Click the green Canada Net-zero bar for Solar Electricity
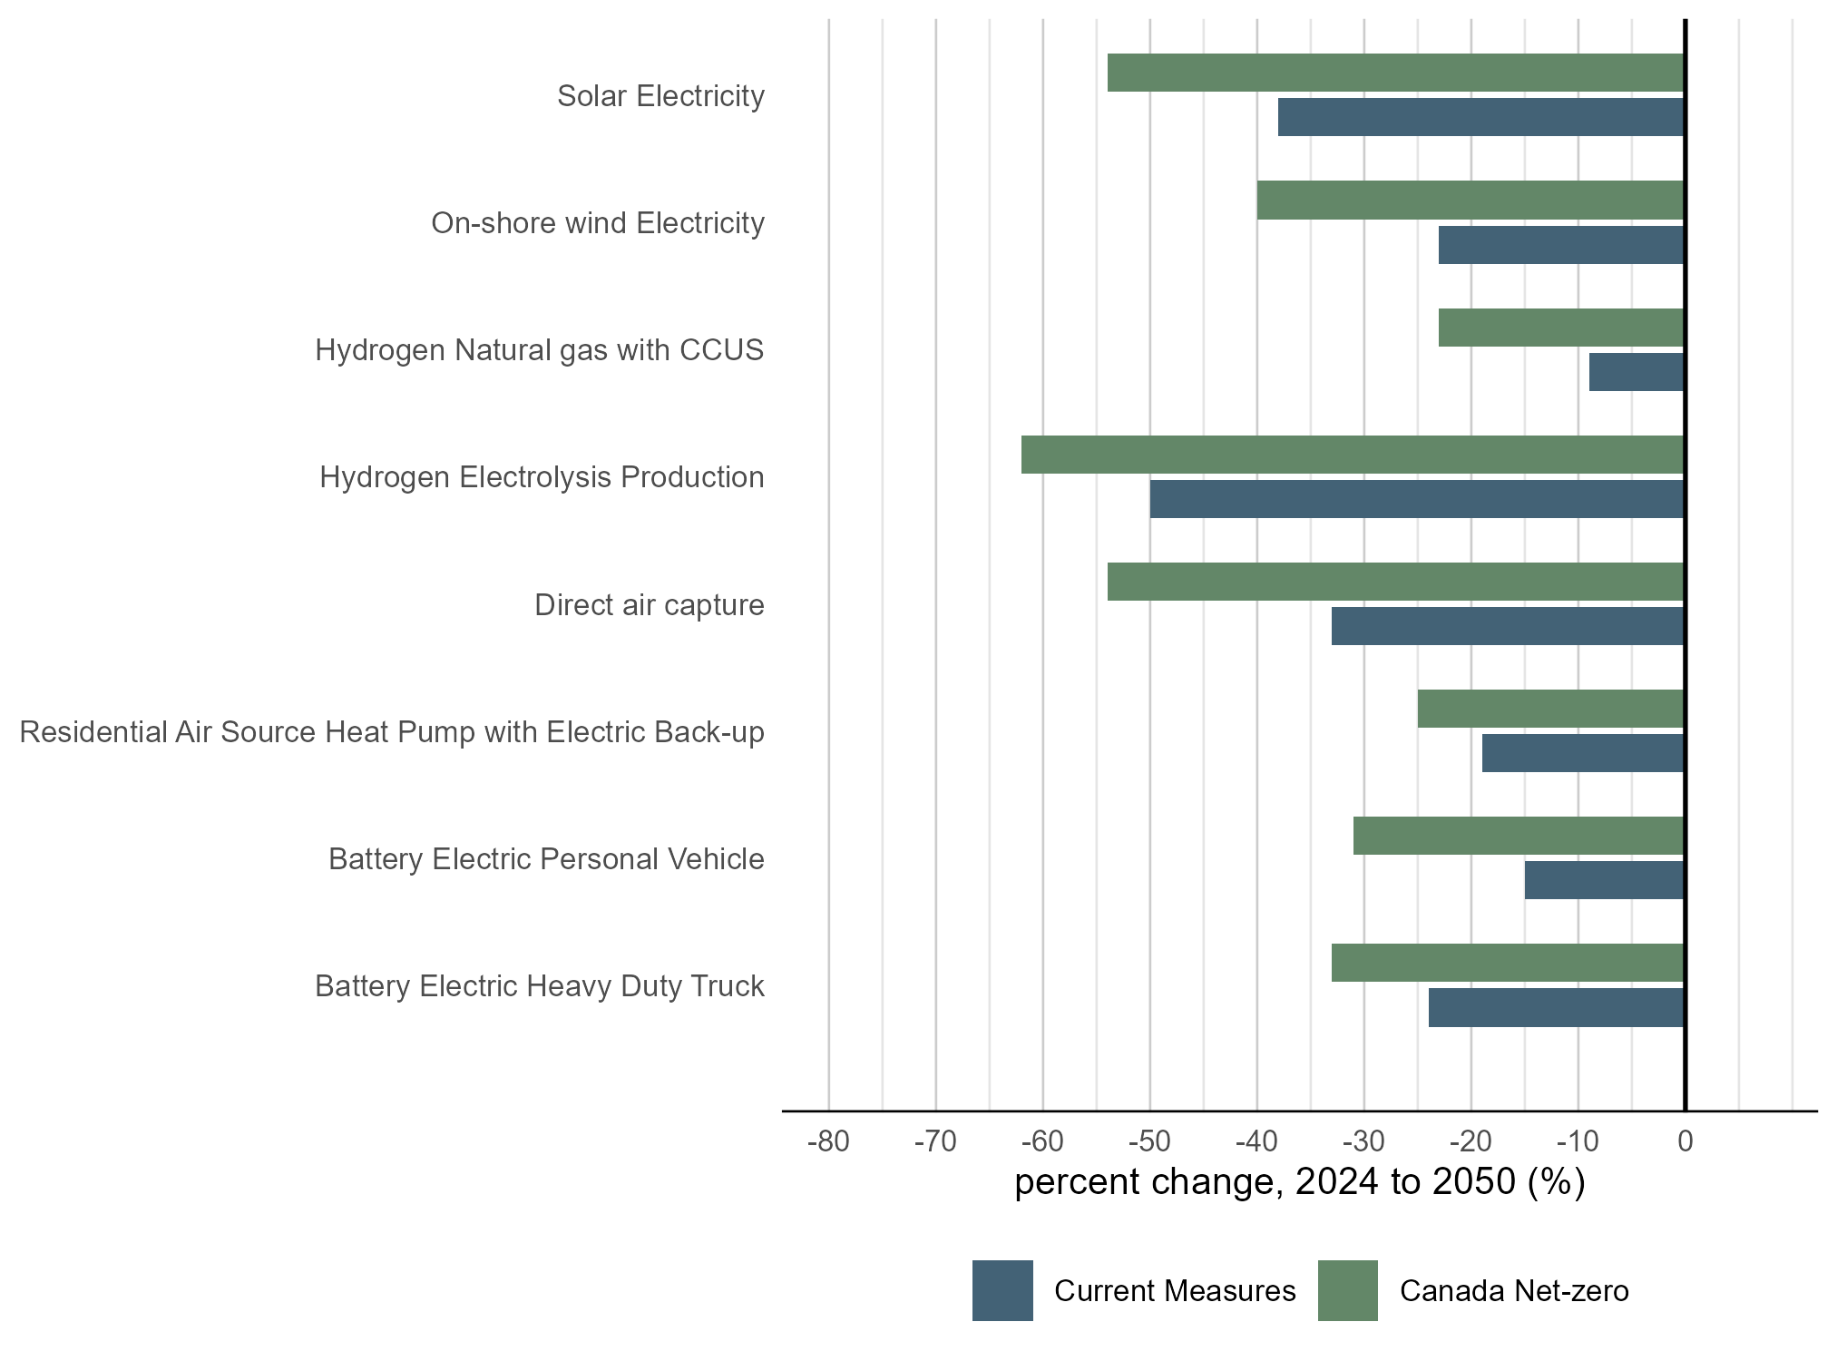click(x=1395, y=73)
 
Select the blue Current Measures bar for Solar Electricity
click(x=1480, y=117)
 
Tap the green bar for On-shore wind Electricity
click(x=1470, y=200)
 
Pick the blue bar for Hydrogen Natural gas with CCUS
click(x=1636, y=372)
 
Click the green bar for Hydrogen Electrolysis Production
click(x=1352, y=455)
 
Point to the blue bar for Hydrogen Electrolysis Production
click(x=1416, y=499)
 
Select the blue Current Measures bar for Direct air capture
click(x=1507, y=626)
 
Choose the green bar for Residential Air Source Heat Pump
click(x=1550, y=709)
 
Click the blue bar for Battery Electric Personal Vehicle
click(x=1604, y=880)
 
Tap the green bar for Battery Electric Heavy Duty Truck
click(x=1507, y=963)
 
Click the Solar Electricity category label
click(x=660, y=96)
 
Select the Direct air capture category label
click(x=649, y=605)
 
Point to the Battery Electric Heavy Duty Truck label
click(x=539, y=986)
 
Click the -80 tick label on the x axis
click(x=827, y=1141)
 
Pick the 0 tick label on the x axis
click(x=1685, y=1141)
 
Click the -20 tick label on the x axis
click(x=1470, y=1141)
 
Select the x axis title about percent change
click(x=1299, y=1182)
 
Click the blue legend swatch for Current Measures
click(x=1002, y=1290)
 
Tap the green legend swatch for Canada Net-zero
click(x=1347, y=1290)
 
